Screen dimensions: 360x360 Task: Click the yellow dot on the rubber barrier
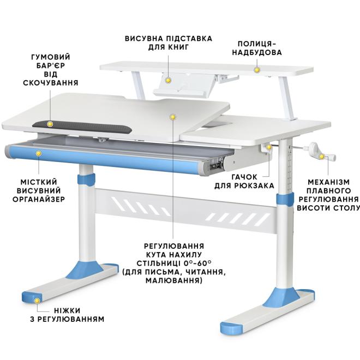(x=50, y=124)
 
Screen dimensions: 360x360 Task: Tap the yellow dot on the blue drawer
(x=39, y=153)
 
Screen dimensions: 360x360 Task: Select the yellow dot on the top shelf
(x=257, y=70)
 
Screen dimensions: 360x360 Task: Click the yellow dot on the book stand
(x=169, y=80)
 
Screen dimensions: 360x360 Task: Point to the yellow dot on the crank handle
(x=322, y=157)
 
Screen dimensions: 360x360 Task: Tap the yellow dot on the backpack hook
(x=268, y=147)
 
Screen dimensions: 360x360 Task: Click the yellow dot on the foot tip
(x=37, y=301)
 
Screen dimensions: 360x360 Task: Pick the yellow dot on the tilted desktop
(x=173, y=117)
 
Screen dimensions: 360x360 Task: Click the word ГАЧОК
(x=244, y=177)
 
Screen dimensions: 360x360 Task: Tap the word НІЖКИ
(x=67, y=310)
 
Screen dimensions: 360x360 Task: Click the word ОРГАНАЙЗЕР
(x=39, y=199)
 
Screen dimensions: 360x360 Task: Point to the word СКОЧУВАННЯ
(x=51, y=83)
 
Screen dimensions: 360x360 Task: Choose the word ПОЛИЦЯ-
(x=257, y=44)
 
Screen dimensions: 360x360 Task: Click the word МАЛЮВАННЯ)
(x=174, y=280)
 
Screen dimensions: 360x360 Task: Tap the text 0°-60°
(x=197, y=263)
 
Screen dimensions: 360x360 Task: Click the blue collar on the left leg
(x=86, y=180)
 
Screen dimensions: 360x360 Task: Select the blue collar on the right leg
(x=285, y=199)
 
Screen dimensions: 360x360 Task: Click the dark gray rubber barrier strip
(x=82, y=127)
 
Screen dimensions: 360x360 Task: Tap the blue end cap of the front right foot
(x=231, y=328)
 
